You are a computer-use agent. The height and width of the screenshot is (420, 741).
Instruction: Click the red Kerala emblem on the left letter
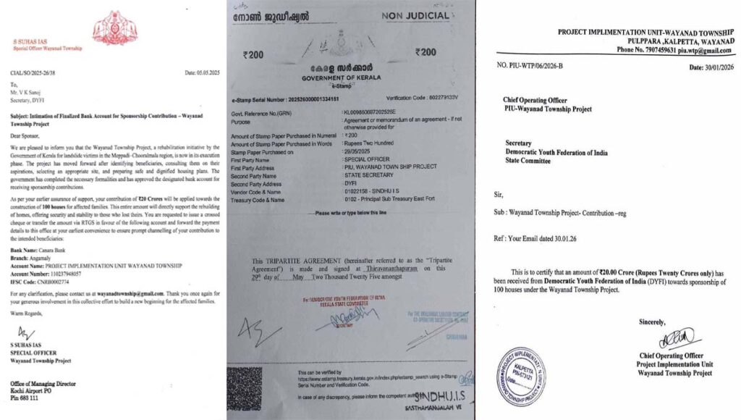click(110, 28)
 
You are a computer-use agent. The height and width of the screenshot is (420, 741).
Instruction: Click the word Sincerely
click(653, 321)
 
